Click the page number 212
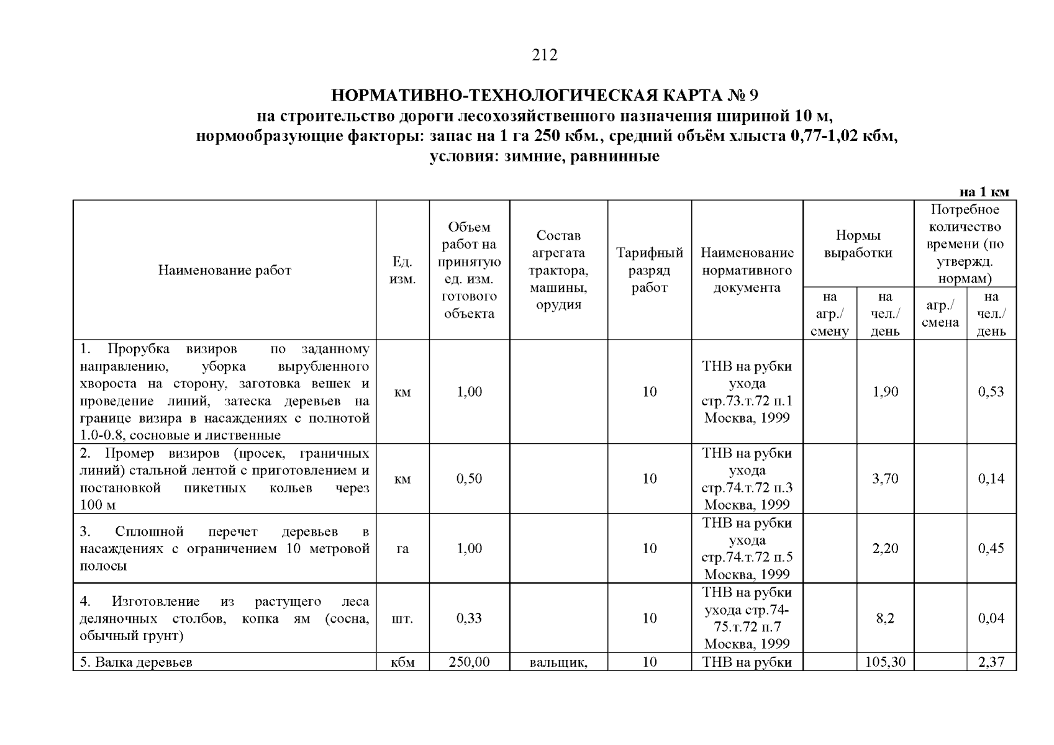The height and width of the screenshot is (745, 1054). (545, 55)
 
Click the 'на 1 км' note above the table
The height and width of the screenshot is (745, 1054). (984, 192)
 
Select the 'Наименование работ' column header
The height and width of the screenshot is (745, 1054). (224, 270)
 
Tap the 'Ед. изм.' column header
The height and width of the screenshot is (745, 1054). (402, 271)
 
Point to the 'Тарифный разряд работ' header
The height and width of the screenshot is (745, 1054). (649, 270)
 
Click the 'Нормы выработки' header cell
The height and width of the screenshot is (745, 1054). (858, 244)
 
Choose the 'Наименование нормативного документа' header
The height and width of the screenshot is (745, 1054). (747, 270)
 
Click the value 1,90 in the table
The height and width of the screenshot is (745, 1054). (885, 392)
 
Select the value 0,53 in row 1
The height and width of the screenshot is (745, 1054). (991, 392)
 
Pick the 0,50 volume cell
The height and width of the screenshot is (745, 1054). (469, 479)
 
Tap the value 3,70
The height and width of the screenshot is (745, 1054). (885, 479)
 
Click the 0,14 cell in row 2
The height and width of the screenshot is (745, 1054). (991, 479)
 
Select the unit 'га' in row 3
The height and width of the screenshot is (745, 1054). (402, 549)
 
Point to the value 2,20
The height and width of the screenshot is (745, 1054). (885, 549)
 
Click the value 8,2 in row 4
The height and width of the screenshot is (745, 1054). (885, 618)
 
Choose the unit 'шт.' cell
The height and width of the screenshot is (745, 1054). (402, 618)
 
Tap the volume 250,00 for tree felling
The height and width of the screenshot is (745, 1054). (469, 662)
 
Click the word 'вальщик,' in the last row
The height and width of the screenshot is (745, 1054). (558, 662)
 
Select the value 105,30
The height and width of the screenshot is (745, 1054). (885, 662)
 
